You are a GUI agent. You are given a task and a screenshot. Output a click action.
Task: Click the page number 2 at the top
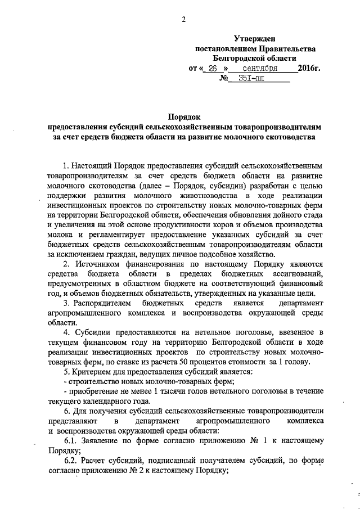point(183,20)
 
